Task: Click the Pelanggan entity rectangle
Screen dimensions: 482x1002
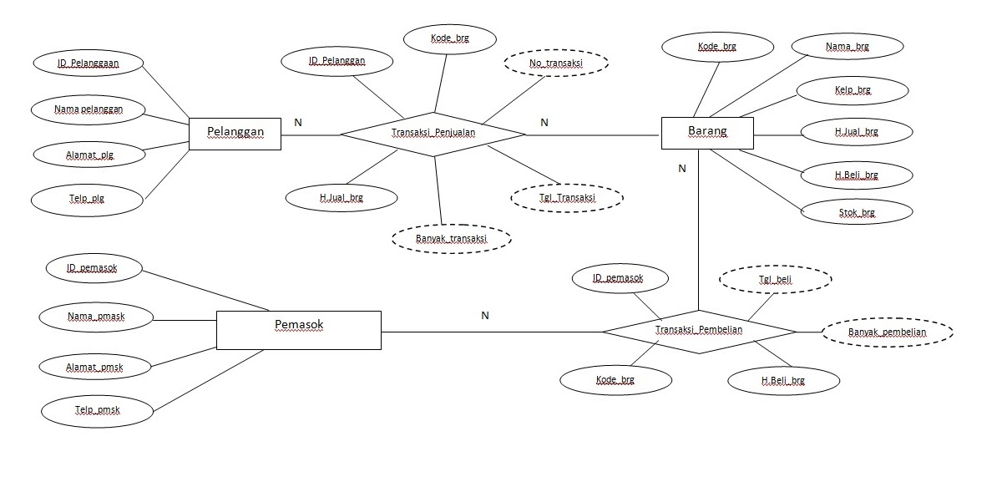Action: click(x=235, y=133)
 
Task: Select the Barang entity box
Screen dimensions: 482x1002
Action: click(x=706, y=132)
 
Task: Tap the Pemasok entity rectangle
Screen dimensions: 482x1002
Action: click(x=298, y=329)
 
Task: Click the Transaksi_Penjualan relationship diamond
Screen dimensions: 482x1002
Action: click(x=433, y=133)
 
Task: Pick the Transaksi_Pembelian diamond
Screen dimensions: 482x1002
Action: click(x=699, y=331)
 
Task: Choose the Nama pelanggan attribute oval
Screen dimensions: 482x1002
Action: click(x=88, y=109)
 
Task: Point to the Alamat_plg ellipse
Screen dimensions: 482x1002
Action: click(x=89, y=155)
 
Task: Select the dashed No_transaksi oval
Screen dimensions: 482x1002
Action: click(x=556, y=63)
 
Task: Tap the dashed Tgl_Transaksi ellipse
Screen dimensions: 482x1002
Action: click(x=566, y=198)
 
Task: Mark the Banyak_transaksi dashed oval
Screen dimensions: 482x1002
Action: click(x=451, y=239)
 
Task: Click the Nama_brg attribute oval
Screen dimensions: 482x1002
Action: click(x=848, y=47)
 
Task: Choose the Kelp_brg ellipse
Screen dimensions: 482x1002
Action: click(x=852, y=89)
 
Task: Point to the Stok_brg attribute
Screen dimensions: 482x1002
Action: click(x=856, y=213)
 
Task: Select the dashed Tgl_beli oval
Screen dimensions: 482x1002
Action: click(x=775, y=280)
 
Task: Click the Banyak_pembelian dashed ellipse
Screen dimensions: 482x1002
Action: click(x=888, y=332)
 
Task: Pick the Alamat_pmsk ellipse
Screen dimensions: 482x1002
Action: click(x=95, y=366)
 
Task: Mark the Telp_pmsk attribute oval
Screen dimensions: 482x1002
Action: click(x=96, y=410)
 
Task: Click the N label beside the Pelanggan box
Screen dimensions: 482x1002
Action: click(x=298, y=123)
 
